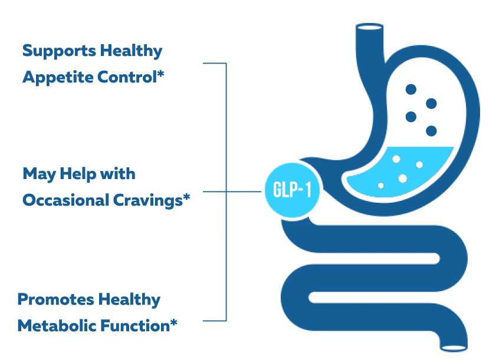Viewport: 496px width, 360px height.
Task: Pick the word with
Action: point(119,174)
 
